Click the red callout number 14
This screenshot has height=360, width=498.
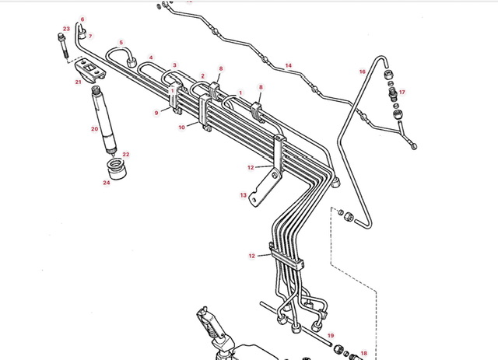(288, 65)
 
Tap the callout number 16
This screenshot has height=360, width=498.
(362, 72)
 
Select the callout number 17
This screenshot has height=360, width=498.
(402, 92)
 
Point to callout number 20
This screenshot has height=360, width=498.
(94, 129)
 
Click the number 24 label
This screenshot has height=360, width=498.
(107, 183)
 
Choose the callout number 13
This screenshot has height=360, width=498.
(243, 195)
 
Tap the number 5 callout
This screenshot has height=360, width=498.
(121, 42)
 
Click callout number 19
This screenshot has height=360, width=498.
(330, 335)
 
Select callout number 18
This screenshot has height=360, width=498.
(363, 354)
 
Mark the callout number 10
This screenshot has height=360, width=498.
(181, 127)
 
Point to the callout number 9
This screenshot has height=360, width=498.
(156, 113)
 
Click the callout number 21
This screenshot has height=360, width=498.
(78, 81)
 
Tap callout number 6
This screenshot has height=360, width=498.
(82, 19)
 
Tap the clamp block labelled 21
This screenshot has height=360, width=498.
(93, 73)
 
